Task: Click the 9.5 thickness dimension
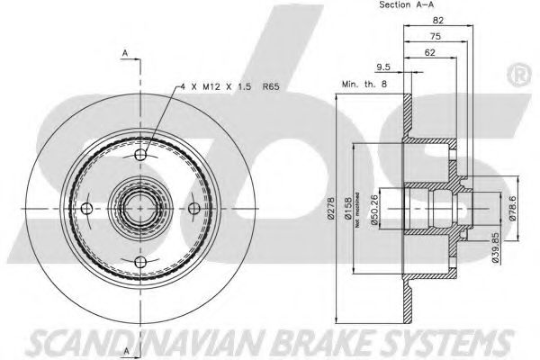[x=382, y=67]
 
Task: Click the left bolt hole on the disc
[x=86, y=209]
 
